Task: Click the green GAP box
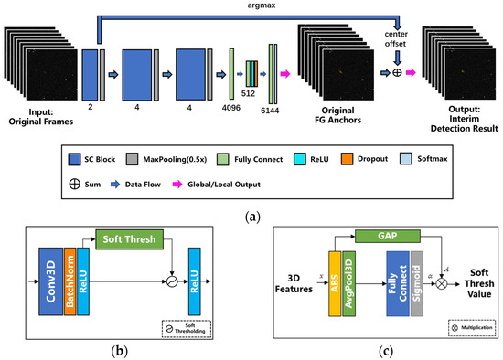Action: click(x=386, y=235)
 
